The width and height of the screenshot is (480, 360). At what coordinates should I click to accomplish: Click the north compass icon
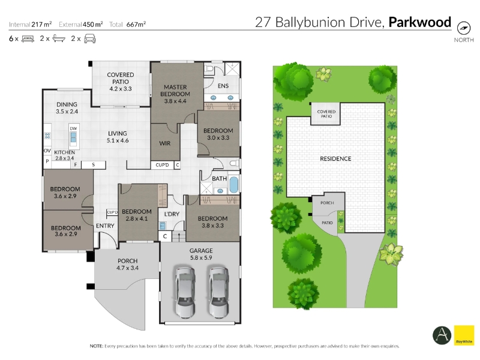(464, 28)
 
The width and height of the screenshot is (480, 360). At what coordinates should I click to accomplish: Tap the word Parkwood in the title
(420, 22)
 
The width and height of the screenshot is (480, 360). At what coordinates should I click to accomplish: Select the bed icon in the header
(28, 39)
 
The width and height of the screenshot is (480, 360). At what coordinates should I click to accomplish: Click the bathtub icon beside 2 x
(59, 38)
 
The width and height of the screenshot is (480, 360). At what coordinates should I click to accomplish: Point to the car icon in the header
(89, 38)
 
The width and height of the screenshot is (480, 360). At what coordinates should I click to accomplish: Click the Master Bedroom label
(175, 94)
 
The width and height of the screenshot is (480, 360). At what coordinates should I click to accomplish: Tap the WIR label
(164, 143)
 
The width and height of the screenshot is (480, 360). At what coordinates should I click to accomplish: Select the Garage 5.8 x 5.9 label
(201, 254)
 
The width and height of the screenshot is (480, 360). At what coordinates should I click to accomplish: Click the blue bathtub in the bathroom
(233, 185)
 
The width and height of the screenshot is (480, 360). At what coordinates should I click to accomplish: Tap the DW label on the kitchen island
(73, 128)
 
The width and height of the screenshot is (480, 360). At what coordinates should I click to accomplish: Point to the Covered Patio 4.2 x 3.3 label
(121, 82)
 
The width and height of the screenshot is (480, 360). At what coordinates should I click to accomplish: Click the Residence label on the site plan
(335, 158)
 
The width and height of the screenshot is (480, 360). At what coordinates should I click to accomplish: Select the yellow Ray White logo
(464, 335)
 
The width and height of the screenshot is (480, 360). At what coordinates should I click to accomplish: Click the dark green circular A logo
(442, 335)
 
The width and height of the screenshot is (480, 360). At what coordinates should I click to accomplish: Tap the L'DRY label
(172, 214)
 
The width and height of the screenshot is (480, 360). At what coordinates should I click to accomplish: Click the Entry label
(105, 226)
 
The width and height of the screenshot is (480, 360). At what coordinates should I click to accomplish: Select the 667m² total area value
(136, 24)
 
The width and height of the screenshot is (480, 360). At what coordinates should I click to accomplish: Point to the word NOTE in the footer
(96, 346)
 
